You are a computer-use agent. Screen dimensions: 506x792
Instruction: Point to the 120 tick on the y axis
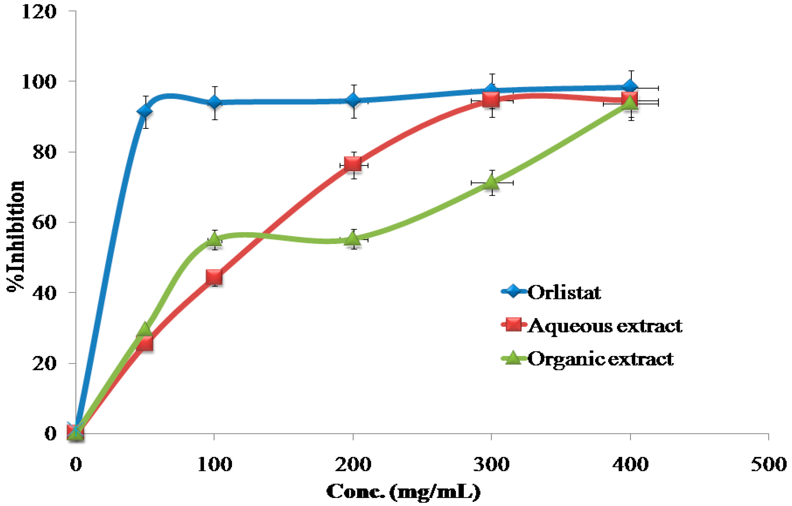coord(39,12)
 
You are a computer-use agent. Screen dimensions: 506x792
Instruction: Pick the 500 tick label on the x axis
coord(768,464)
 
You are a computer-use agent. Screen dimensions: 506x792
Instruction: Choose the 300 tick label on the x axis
coord(491,464)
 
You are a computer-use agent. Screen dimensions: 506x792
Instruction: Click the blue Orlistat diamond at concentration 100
coord(214,102)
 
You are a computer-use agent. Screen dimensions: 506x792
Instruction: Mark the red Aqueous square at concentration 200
coord(353,164)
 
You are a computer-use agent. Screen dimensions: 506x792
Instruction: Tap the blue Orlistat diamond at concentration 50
coord(144,111)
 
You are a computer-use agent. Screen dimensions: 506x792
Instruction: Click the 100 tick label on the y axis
coord(39,81)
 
